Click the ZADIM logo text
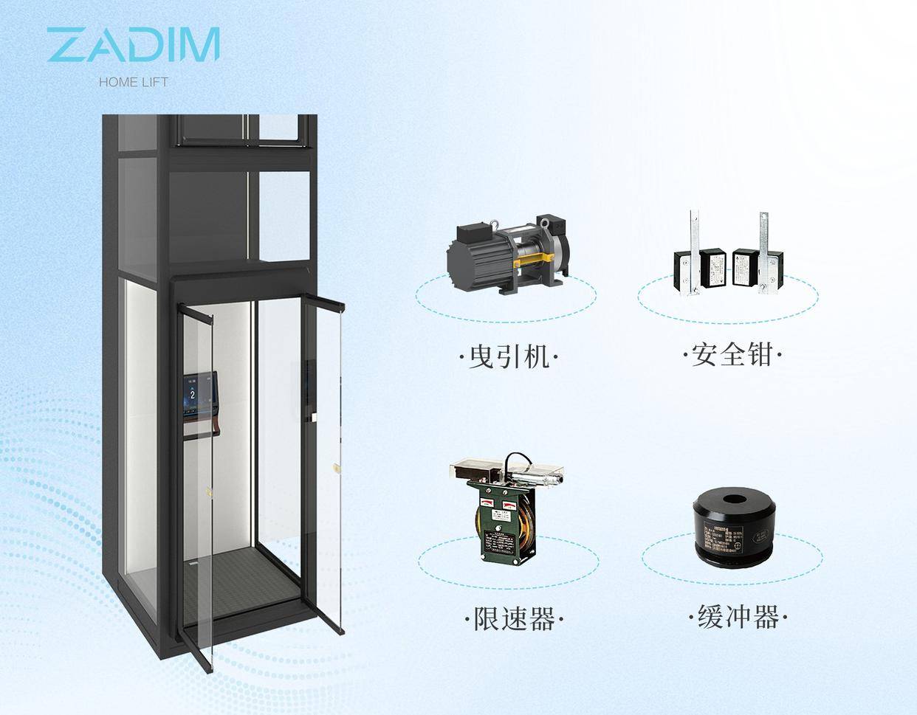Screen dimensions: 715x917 pos(133,45)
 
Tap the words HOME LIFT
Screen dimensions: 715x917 pos(133,82)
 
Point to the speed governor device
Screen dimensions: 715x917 pos(507,509)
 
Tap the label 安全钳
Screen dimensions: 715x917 pos(732,355)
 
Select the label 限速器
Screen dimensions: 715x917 pos(514,618)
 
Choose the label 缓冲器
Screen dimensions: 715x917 pos(738,615)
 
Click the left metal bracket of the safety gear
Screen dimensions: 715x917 pos(693,255)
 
